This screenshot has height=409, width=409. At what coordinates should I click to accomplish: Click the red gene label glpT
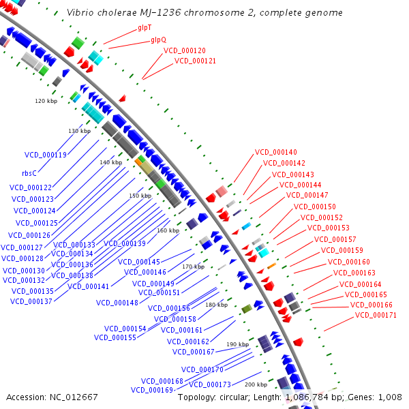145,28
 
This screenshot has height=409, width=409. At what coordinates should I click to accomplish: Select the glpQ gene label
158,40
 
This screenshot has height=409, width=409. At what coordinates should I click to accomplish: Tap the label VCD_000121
195,61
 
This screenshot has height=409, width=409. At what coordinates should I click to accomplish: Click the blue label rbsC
29,173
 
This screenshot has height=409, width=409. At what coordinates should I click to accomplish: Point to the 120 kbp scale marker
46,101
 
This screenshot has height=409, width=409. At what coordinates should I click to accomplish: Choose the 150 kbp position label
140,196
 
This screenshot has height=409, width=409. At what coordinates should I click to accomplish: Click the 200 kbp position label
256,384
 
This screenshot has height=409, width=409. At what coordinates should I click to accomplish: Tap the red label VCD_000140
276,152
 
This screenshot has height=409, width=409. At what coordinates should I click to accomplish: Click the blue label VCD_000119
46,155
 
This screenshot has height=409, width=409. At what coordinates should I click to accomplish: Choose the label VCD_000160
349,262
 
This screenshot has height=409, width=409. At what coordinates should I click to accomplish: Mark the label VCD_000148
117,303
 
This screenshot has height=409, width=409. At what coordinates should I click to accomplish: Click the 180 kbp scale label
216,305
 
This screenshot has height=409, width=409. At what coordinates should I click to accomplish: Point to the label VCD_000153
328,228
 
